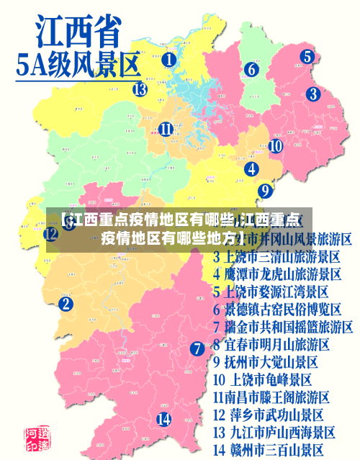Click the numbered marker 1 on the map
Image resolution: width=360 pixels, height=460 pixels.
(x=168, y=60)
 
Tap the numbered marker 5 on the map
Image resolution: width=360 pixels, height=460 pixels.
(x=307, y=56)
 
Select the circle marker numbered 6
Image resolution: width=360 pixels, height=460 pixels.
(x=251, y=70)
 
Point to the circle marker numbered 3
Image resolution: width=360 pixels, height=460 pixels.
(x=312, y=94)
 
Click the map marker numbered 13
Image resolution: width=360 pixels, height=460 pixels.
(x=140, y=89)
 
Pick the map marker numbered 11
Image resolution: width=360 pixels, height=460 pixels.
(x=166, y=130)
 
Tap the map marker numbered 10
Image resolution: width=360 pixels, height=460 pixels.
(x=275, y=145)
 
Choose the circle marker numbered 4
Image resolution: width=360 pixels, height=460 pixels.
(x=252, y=169)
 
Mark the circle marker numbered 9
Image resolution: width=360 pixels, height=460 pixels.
(x=265, y=191)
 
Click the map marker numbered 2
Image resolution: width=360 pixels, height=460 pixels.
(x=66, y=304)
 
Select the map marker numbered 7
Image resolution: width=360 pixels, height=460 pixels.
(x=197, y=348)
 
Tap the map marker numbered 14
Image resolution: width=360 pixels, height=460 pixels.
(x=164, y=419)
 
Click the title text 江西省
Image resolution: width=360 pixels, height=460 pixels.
(x=77, y=33)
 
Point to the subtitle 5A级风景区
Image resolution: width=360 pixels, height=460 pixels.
(x=78, y=66)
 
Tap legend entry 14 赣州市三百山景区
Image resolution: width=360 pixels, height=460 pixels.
(x=268, y=450)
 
